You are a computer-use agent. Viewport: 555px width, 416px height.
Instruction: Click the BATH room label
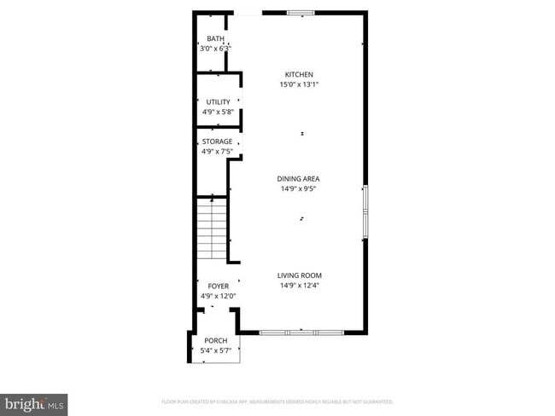[x=215, y=39]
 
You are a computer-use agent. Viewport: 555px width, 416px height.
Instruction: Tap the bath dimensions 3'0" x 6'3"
[x=215, y=49]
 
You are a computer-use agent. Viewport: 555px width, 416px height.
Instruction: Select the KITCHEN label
[x=299, y=75]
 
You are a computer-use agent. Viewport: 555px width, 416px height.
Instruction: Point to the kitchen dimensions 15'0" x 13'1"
[x=299, y=84]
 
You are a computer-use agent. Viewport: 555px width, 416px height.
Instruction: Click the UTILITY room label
[x=218, y=102]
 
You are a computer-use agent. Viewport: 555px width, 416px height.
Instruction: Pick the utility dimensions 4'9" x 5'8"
[x=218, y=112]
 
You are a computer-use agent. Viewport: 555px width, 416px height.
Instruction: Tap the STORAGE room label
[x=217, y=142]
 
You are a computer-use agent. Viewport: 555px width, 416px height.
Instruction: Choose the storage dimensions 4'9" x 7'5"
[x=217, y=152]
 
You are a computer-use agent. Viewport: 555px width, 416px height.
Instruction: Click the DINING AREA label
[x=299, y=178]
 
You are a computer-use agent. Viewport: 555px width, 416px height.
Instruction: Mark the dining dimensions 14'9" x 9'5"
[x=299, y=188]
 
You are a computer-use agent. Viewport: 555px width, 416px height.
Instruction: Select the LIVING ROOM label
[x=299, y=275]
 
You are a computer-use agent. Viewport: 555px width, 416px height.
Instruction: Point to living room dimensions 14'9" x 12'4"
[x=299, y=286]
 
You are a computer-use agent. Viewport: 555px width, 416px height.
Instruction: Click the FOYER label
[x=218, y=286]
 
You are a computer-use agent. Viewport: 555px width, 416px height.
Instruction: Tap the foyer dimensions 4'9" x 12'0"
[x=218, y=296]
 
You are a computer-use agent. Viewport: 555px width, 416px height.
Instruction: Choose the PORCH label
[x=215, y=340]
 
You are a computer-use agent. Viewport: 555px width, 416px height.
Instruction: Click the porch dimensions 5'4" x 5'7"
[x=215, y=350]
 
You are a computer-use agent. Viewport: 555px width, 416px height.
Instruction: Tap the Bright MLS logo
[x=34, y=402]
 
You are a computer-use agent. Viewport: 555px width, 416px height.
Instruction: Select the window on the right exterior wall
[x=365, y=211]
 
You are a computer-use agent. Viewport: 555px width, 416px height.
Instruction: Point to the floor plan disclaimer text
[x=277, y=402]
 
